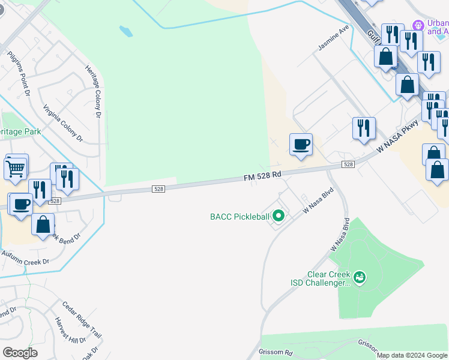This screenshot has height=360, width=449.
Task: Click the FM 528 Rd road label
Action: [262, 176]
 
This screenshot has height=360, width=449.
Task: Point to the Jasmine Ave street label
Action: [334, 38]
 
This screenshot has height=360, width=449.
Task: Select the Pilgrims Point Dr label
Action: [19, 74]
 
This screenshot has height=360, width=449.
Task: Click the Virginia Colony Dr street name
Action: [62, 123]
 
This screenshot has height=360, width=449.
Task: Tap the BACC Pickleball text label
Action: [238, 217]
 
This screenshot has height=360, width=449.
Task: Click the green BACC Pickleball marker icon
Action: [278, 215]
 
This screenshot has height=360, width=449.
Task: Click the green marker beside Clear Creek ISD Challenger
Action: [360, 277]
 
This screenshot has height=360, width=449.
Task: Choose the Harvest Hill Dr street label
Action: [70, 331]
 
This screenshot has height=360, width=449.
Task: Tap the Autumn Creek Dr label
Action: [25, 257]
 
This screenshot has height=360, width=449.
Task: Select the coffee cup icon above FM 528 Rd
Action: [301, 144]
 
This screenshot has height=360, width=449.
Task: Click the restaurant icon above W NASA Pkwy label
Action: [364, 128]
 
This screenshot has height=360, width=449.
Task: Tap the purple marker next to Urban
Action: [418, 25]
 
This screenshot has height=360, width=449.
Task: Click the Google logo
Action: [20, 352]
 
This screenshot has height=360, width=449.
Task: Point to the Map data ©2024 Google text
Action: [412, 355]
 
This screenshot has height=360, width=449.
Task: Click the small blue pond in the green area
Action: [126, 31]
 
